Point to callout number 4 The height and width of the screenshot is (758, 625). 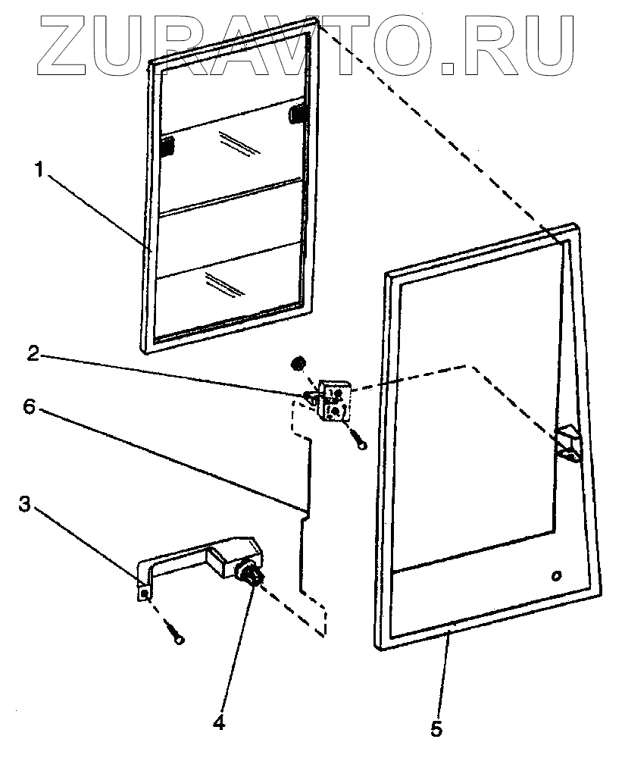[x=218, y=722]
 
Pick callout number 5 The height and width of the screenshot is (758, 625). [x=435, y=728]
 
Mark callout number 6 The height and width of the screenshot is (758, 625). [x=29, y=406]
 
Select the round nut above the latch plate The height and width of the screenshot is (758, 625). [x=298, y=362]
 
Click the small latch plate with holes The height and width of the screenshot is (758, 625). [x=335, y=399]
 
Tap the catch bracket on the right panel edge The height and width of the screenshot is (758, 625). [x=567, y=443]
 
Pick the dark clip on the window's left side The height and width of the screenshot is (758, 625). [x=167, y=146]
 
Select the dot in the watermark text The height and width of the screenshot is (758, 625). [x=446, y=67]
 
